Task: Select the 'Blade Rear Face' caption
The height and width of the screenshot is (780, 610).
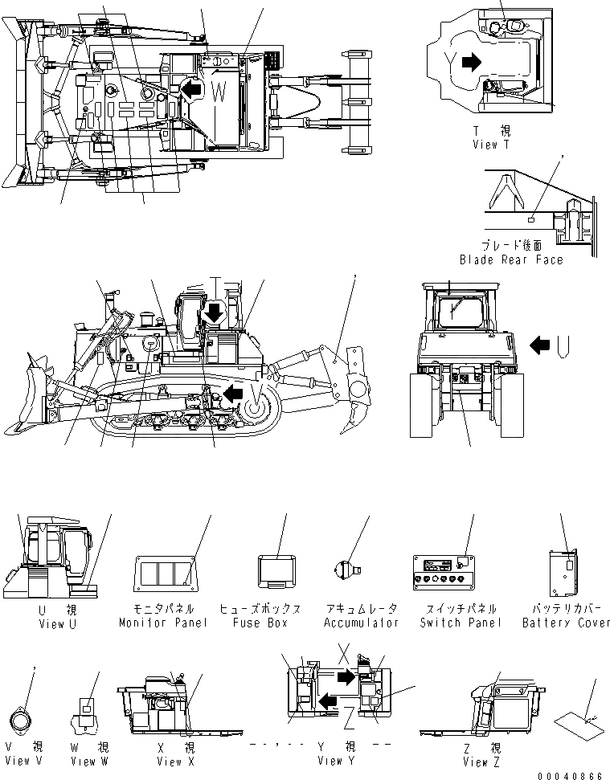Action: (x=511, y=259)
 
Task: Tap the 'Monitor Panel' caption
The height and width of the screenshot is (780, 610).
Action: (x=163, y=623)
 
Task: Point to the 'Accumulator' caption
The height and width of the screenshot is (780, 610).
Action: (x=361, y=623)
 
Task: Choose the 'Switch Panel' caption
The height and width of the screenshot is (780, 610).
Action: (x=461, y=623)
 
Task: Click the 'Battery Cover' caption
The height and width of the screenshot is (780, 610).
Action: (x=566, y=623)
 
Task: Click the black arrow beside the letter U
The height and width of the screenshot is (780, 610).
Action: (x=542, y=345)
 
